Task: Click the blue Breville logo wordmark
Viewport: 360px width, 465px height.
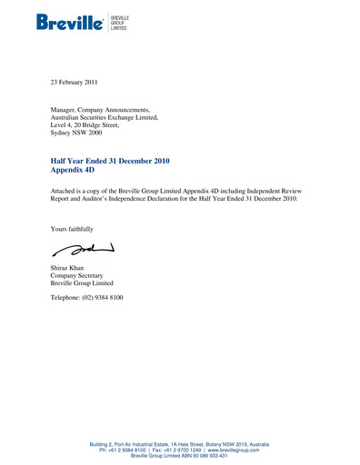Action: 70,22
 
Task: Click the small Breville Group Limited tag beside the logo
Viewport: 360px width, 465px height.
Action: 118,22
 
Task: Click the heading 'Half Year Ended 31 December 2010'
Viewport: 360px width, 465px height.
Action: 110,161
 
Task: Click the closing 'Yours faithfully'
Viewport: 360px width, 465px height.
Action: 72,229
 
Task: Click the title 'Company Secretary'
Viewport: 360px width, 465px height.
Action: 76,276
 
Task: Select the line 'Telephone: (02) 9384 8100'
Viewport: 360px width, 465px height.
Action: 87,298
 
